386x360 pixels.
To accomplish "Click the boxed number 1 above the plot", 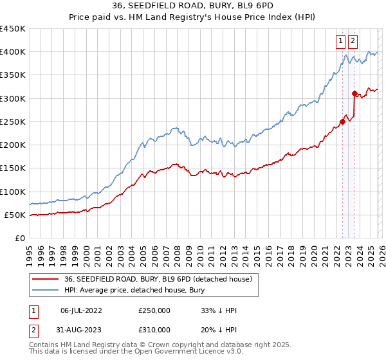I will [340, 41].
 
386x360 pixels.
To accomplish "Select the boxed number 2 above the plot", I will [353, 41].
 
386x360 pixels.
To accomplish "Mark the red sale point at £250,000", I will [342, 122].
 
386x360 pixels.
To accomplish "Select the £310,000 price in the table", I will [154, 329].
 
